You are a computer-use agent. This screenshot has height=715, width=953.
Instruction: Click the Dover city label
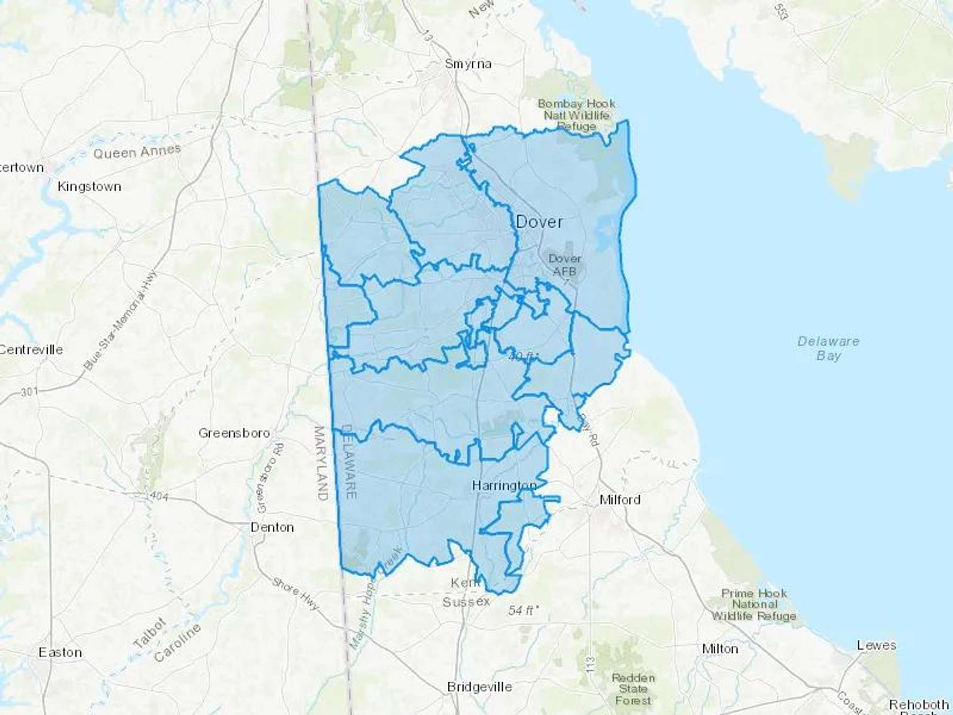click(539, 222)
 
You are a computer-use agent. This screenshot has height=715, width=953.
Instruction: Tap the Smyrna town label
click(468, 64)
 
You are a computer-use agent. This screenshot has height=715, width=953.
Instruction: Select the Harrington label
click(504, 485)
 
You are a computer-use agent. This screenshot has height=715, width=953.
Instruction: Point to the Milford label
click(619, 499)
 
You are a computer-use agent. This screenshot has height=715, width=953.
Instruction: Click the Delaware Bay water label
click(828, 348)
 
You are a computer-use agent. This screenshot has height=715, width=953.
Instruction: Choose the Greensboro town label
click(234, 433)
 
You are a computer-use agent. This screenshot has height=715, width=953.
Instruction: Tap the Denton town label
click(272, 527)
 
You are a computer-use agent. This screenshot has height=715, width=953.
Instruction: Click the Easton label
click(60, 652)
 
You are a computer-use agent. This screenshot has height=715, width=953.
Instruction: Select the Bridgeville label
click(479, 687)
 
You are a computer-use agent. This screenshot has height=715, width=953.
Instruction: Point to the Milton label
click(720, 649)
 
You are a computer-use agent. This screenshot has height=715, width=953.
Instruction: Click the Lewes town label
click(876, 645)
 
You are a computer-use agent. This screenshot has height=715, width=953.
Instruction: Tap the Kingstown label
click(89, 186)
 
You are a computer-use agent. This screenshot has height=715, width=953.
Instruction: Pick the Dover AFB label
click(564, 265)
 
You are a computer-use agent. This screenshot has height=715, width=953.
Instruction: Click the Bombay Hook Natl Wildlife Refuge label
click(576, 115)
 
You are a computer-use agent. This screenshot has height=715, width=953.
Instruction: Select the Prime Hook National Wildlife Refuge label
click(754, 604)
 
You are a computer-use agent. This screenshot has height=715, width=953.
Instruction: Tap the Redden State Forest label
click(633, 689)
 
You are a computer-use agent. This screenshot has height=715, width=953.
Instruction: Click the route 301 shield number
click(30, 392)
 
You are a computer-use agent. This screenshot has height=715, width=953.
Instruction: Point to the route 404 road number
click(159, 496)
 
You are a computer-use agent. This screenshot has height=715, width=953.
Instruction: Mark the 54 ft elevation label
click(523, 610)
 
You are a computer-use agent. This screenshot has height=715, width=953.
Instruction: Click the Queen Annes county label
click(137, 153)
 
